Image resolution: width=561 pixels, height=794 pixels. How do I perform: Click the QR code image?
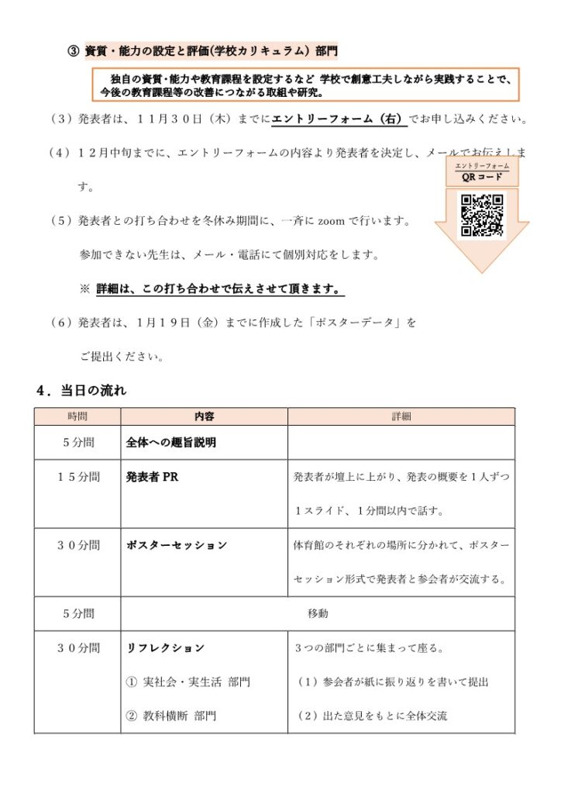482,215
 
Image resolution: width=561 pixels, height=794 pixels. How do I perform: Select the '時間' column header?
77,416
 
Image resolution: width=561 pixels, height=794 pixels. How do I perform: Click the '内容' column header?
205,416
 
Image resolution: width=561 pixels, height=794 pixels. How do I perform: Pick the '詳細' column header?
401,416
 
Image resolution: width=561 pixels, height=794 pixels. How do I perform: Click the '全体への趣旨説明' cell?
171,444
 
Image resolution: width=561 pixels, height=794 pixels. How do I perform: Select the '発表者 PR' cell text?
152,478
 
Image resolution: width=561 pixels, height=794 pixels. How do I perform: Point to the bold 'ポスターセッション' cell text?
177,546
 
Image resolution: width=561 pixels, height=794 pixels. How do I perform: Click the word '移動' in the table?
318,613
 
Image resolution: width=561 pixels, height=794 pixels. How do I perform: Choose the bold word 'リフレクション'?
165,647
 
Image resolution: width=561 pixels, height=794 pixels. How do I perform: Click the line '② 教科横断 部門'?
171,716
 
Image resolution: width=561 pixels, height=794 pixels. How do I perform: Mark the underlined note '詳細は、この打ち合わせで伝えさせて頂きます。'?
220,289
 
